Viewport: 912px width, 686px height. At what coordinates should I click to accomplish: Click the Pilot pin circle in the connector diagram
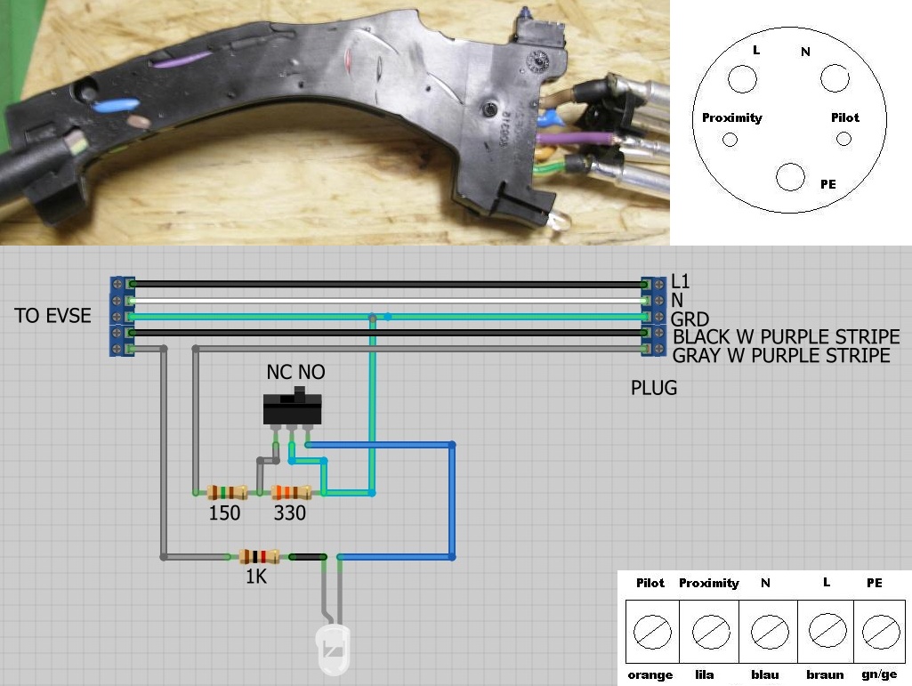[844, 139]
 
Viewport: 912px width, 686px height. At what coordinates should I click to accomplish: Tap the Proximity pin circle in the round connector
[730, 139]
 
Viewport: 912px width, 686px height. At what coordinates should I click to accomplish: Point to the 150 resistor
[226, 492]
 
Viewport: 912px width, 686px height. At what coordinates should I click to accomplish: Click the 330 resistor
[291, 492]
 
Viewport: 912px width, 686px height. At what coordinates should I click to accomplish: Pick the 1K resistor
[259, 557]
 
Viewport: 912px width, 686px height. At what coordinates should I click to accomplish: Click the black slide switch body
[292, 410]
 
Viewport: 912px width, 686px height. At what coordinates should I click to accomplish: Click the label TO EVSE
[52, 316]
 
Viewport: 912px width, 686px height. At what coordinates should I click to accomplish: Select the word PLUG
[654, 388]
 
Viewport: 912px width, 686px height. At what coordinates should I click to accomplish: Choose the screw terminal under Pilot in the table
[650, 631]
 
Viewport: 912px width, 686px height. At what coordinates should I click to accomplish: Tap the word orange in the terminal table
[650, 674]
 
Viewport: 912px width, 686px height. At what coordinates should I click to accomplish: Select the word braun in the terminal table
[825, 674]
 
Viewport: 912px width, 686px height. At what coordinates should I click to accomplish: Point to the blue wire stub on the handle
[117, 105]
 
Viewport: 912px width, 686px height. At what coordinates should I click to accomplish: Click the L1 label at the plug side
[682, 282]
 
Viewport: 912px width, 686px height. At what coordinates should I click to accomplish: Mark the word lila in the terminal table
[704, 674]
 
